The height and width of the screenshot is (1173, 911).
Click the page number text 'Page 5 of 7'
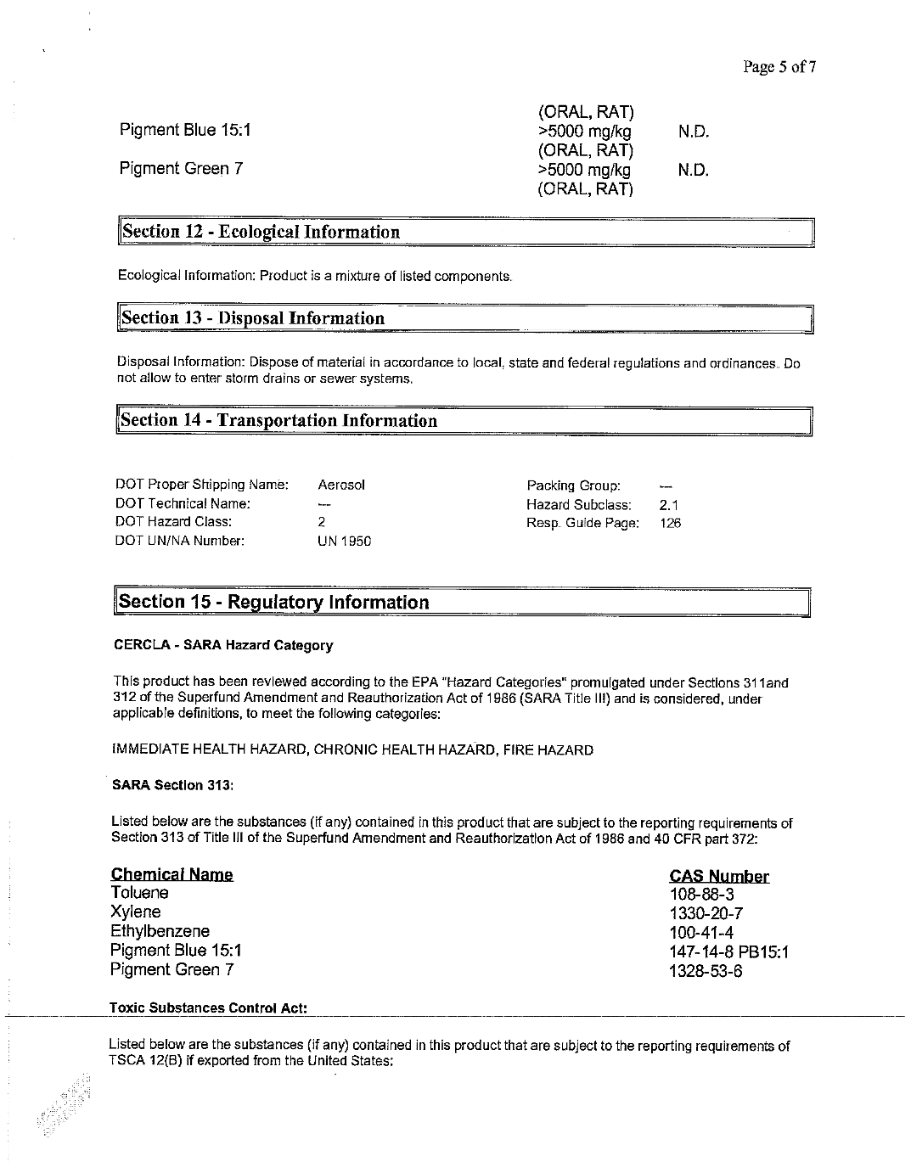click(x=779, y=67)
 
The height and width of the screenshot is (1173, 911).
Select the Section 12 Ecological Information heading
click(x=260, y=232)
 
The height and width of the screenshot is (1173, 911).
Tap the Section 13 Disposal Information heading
click(x=253, y=318)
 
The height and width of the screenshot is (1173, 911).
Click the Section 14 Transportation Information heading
click(x=279, y=420)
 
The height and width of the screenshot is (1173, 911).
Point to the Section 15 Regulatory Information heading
click(x=274, y=602)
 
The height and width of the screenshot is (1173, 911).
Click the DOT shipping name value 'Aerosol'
click(x=341, y=485)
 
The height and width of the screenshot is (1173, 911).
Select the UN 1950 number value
click(x=344, y=542)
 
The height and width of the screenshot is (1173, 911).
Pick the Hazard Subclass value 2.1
click(x=669, y=505)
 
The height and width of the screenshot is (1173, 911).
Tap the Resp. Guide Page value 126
click(x=671, y=524)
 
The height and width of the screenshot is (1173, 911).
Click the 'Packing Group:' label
click(x=574, y=485)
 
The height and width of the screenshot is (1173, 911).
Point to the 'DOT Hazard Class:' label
click(x=174, y=522)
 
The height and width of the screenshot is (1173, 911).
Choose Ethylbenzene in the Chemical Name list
click(x=160, y=931)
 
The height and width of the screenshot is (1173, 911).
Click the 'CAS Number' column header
click(x=719, y=876)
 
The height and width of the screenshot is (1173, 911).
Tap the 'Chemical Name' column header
click(x=172, y=874)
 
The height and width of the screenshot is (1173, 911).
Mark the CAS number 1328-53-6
click(x=706, y=970)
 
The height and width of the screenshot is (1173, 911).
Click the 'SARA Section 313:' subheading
click(x=172, y=786)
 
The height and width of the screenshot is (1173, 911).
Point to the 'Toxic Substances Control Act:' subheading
click(x=208, y=1007)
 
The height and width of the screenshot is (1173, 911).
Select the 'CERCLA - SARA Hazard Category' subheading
click(x=223, y=645)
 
